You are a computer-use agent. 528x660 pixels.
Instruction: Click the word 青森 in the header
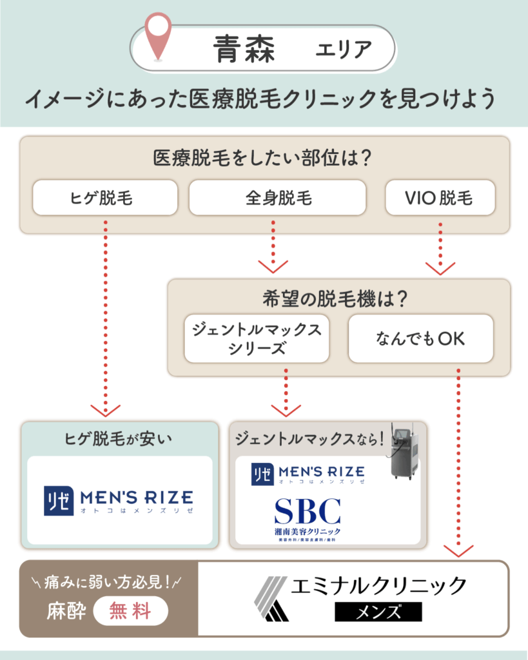coord(245,49)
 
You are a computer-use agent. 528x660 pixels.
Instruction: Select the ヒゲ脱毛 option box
coord(104,197)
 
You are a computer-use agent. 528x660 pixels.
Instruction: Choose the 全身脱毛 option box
coord(277,197)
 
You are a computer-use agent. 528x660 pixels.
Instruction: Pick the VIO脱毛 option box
coord(440,197)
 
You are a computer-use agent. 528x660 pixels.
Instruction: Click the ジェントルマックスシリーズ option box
coord(257,338)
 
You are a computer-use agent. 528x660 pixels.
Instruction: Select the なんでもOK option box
coord(420,338)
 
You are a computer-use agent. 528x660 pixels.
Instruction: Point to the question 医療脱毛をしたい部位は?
coord(264,158)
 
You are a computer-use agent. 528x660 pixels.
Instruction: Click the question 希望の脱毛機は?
coord(338,299)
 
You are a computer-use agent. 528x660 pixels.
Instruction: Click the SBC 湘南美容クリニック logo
coord(307,516)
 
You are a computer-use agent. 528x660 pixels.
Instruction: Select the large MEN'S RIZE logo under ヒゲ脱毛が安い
coord(118,501)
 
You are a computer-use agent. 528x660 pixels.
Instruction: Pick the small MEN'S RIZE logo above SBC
coord(308,474)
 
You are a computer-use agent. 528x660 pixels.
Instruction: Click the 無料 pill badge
coord(131,610)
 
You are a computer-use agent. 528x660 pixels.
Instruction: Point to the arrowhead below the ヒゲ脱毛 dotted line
coord(105,410)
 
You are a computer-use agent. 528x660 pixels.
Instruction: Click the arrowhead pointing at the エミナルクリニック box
coord(458,551)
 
